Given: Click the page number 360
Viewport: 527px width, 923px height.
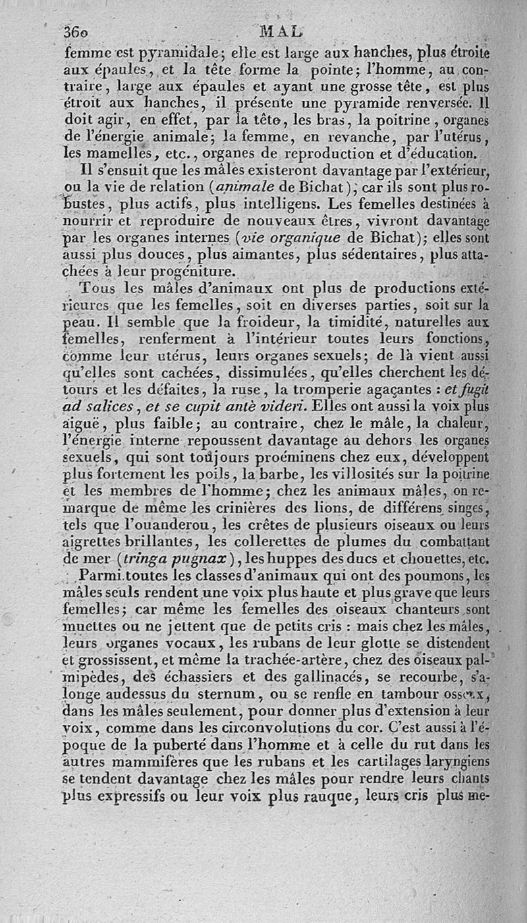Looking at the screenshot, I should pyautogui.click(x=78, y=31).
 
